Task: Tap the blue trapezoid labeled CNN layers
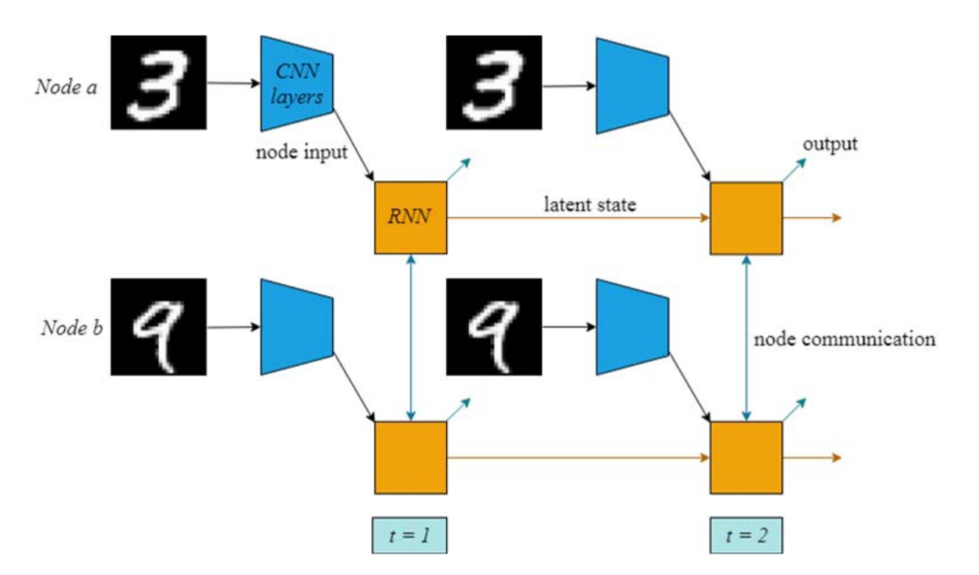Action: coord(295,85)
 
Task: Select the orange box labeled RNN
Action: coord(410,217)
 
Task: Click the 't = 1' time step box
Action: coord(410,536)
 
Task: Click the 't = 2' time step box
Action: coord(746,536)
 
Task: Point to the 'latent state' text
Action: coord(589,204)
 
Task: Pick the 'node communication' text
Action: coord(844,339)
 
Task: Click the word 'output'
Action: coord(829,143)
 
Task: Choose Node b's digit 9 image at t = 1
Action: coord(158,327)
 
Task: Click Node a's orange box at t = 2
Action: coord(746,218)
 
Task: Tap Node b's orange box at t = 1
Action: coord(410,457)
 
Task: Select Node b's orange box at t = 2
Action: coord(746,457)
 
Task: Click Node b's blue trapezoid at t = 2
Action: coord(631,327)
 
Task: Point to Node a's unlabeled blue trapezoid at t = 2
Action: coord(631,85)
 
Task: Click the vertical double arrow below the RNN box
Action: coord(411,337)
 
